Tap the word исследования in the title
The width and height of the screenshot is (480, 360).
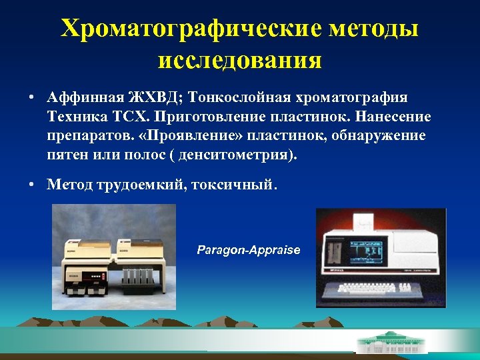[240, 61]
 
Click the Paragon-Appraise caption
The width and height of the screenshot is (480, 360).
[249, 250]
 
